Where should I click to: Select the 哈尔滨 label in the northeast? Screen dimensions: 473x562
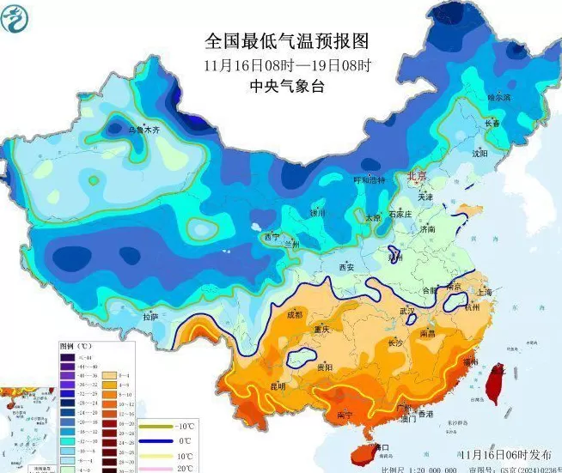(x=499, y=98)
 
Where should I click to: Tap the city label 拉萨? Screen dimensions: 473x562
(x=151, y=317)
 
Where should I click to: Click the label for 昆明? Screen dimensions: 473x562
(x=278, y=385)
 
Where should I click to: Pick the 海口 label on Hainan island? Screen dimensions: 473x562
(x=379, y=447)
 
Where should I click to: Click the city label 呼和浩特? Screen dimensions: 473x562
(x=371, y=180)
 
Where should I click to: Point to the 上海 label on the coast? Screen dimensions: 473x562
(x=482, y=292)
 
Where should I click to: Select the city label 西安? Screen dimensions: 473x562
(x=345, y=267)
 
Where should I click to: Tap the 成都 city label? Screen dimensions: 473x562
(x=295, y=315)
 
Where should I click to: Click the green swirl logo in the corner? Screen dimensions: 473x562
(x=20, y=19)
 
